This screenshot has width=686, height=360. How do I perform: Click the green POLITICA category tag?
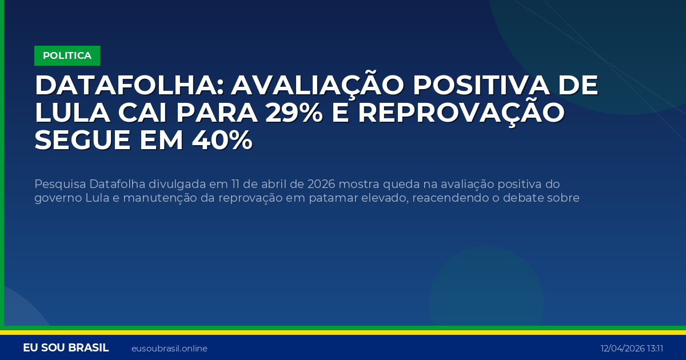click(67, 55)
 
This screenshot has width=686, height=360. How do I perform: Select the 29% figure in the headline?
click(296, 113)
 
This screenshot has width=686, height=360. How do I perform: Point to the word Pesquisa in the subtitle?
click(60, 184)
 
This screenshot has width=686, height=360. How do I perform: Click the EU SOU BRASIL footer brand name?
click(66, 348)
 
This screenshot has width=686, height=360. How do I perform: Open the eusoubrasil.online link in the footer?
click(169, 349)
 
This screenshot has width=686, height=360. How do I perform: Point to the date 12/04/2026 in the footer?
click(622, 349)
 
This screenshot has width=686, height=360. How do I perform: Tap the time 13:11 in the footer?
click(655, 349)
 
